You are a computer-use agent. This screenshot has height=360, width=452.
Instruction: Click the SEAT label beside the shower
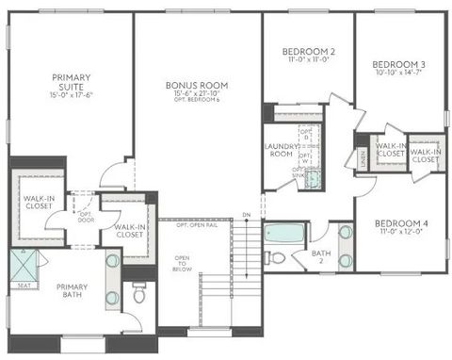click(x=22, y=286)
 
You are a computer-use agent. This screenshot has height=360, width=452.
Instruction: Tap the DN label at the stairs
click(x=246, y=217)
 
